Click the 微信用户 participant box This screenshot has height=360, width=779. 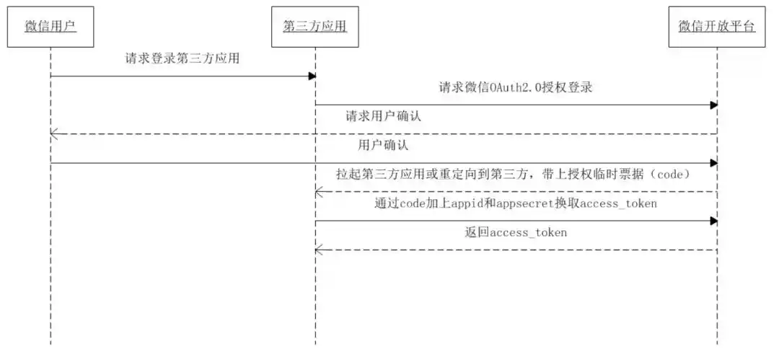point(50,27)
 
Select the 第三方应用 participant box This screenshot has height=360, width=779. point(316,27)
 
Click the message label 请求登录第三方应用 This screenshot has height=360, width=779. point(182,60)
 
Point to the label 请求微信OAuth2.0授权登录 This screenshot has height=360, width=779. point(516,88)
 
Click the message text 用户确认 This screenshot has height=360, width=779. point(383,145)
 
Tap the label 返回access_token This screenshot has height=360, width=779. point(516,232)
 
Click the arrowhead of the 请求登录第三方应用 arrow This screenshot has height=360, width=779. point(312,76)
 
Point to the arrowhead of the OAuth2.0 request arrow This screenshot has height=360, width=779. point(713,105)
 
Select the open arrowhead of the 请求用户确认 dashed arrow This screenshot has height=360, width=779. point(54,133)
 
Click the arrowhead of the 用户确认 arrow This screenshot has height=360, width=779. point(713,163)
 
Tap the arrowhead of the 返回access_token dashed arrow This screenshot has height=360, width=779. point(320,250)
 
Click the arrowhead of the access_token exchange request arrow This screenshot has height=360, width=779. point(713,221)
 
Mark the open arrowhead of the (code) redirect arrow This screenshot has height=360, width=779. point(320,191)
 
